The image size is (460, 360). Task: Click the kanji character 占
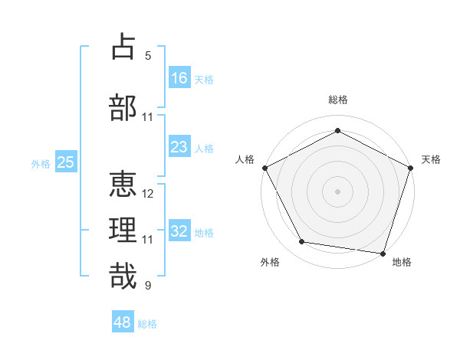point(123,47)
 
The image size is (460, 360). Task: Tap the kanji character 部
point(123,107)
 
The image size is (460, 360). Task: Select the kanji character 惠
point(123,185)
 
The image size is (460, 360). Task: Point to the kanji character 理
point(123,230)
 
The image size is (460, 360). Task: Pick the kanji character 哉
point(123,276)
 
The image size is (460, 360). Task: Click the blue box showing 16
point(179,78)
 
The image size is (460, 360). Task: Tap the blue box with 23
point(179,147)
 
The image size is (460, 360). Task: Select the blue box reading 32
point(179,231)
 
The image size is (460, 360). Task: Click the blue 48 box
point(123,322)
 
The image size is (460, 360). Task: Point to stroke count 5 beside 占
point(148,56)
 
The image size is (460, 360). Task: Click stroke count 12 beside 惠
point(148,194)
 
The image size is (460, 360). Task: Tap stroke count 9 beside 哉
point(148,286)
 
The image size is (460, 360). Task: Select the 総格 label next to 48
point(147,324)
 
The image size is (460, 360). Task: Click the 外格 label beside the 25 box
point(40,163)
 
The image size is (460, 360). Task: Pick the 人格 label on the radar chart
point(245,159)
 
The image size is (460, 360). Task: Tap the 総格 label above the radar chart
point(337,100)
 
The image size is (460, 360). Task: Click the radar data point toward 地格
point(383,253)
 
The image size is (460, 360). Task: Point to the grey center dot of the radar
point(337,191)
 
